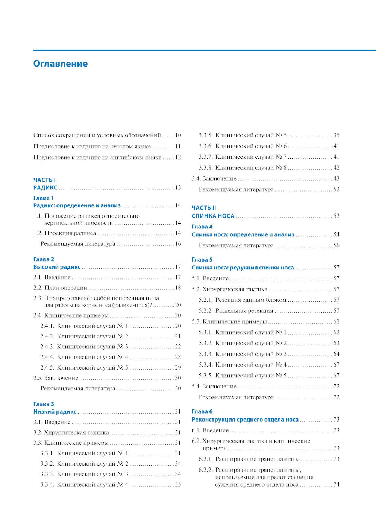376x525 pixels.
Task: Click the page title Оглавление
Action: click(x=61, y=64)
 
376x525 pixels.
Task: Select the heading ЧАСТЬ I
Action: click(x=44, y=180)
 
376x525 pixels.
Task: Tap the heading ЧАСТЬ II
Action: click(x=204, y=208)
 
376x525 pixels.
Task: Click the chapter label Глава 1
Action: click(x=44, y=198)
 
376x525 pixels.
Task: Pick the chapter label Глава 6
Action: click(x=202, y=411)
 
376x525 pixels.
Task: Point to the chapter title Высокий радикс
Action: click(x=57, y=267)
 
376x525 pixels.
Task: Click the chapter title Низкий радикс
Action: click(x=55, y=412)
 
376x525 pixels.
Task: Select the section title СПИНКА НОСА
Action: click(x=213, y=216)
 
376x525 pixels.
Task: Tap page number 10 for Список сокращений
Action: click(x=178, y=135)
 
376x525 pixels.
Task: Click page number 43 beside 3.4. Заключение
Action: click(x=336, y=178)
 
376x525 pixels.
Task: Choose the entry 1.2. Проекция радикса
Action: click(x=65, y=233)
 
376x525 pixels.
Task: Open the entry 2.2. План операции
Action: click(x=60, y=288)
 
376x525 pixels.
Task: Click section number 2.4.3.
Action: click(x=47, y=347)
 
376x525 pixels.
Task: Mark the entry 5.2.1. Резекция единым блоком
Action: click(x=243, y=300)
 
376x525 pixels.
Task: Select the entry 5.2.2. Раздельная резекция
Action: click(x=236, y=311)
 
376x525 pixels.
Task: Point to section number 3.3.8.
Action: click(x=206, y=168)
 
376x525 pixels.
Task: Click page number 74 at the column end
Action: click(x=336, y=484)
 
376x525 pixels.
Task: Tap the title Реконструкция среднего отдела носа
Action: click(x=245, y=419)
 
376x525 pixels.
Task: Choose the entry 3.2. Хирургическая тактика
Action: click(x=71, y=433)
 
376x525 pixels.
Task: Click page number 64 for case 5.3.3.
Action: click(x=336, y=354)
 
